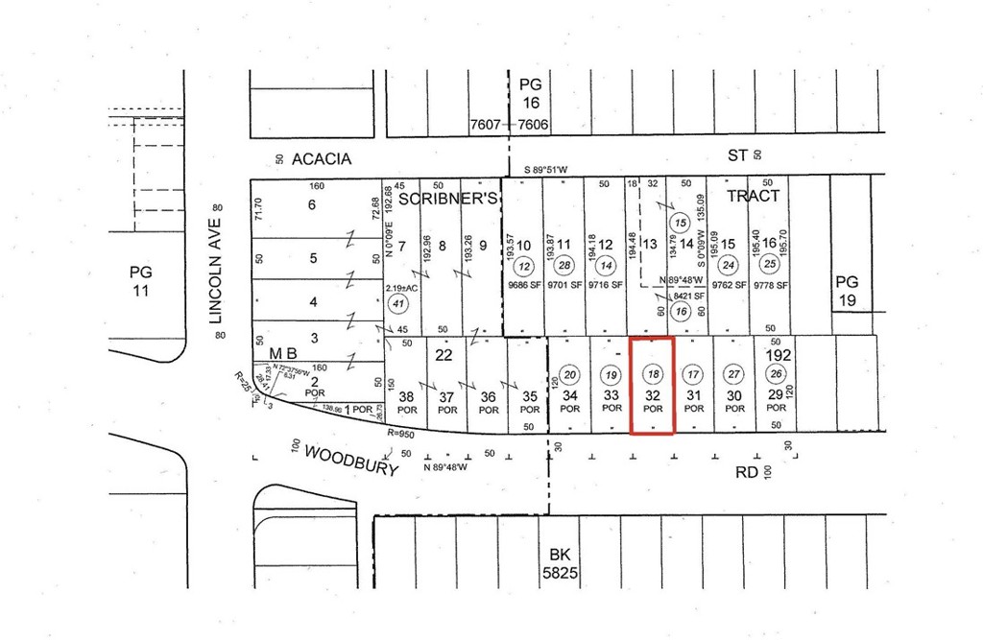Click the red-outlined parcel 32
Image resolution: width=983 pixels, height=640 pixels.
pyautogui.click(x=653, y=385)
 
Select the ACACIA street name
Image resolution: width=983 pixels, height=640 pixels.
pyautogui.click(x=323, y=157)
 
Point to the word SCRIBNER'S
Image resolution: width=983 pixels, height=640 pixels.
pyautogui.click(x=447, y=198)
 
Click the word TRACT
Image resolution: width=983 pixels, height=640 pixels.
pyautogui.click(x=753, y=195)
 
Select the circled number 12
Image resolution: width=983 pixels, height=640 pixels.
pyautogui.click(x=524, y=266)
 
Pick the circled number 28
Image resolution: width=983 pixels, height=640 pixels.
pyautogui.click(x=564, y=266)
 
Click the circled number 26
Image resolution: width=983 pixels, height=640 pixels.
pyautogui.click(x=776, y=374)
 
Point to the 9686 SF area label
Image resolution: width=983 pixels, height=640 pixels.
pyautogui.click(x=524, y=285)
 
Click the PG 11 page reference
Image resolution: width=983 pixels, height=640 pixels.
pyautogui.click(x=141, y=279)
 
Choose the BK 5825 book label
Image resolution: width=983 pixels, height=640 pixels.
pyautogui.click(x=560, y=563)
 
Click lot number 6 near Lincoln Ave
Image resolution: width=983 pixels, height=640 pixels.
pyautogui.click(x=311, y=204)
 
